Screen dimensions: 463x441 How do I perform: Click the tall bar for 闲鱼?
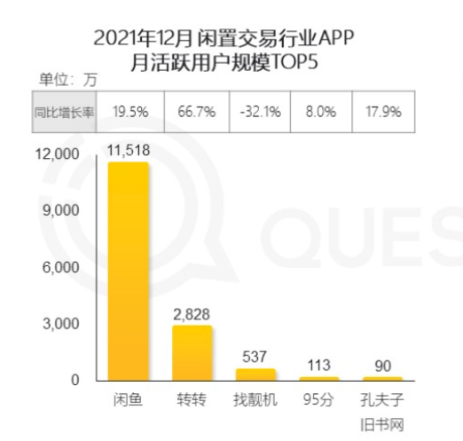(128, 272)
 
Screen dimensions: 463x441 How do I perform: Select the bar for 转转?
(192, 353)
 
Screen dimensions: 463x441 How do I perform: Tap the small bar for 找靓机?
(255, 374)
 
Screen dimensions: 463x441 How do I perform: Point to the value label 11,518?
(129, 150)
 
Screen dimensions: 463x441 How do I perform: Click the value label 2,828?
(192, 314)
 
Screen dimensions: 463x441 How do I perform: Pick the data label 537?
(255, 357)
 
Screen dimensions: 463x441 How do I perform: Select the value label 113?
(318, 366)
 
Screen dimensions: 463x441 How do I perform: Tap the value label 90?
(383, 366)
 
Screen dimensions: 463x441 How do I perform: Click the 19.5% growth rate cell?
(130, 112)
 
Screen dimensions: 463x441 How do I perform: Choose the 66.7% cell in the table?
(197, 112)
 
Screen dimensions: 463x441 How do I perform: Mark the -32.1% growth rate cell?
(260, 112)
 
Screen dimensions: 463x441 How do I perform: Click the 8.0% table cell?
(321, 112)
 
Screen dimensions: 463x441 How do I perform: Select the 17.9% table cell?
(383, 112)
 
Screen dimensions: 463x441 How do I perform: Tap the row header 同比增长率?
(64, 112)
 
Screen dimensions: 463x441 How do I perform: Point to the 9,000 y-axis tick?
(61, 210)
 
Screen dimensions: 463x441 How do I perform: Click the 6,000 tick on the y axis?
(61, 267)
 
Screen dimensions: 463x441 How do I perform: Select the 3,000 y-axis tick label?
(61, 324)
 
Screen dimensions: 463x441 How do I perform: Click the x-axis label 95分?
(318, 400)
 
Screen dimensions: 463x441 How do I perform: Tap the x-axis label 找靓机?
(255, 400)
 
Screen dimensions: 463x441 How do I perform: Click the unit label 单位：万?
(68, 80)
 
